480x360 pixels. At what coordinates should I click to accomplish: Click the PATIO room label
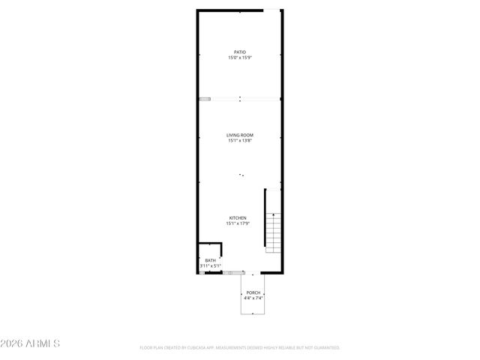[239, 52]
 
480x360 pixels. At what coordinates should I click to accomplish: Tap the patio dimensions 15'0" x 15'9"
[239, 58]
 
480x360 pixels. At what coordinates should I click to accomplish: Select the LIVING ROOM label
[240, 135]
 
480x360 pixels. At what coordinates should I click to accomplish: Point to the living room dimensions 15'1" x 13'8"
[240, 141]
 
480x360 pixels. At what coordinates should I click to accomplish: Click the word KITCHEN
[237, 218]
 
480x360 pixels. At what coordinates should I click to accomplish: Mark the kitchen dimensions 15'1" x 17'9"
[237, 223]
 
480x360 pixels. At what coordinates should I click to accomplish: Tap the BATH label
[210, 260]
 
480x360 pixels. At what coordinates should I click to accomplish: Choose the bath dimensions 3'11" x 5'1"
[210, 265]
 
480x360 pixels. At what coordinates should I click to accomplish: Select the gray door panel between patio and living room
[205, 98]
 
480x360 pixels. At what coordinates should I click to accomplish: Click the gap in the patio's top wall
[273, 10]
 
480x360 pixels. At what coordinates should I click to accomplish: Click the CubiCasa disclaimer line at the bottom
[240, 348]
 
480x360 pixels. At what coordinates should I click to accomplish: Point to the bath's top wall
[210, 243]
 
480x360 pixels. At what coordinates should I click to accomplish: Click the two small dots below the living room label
[241, 175]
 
